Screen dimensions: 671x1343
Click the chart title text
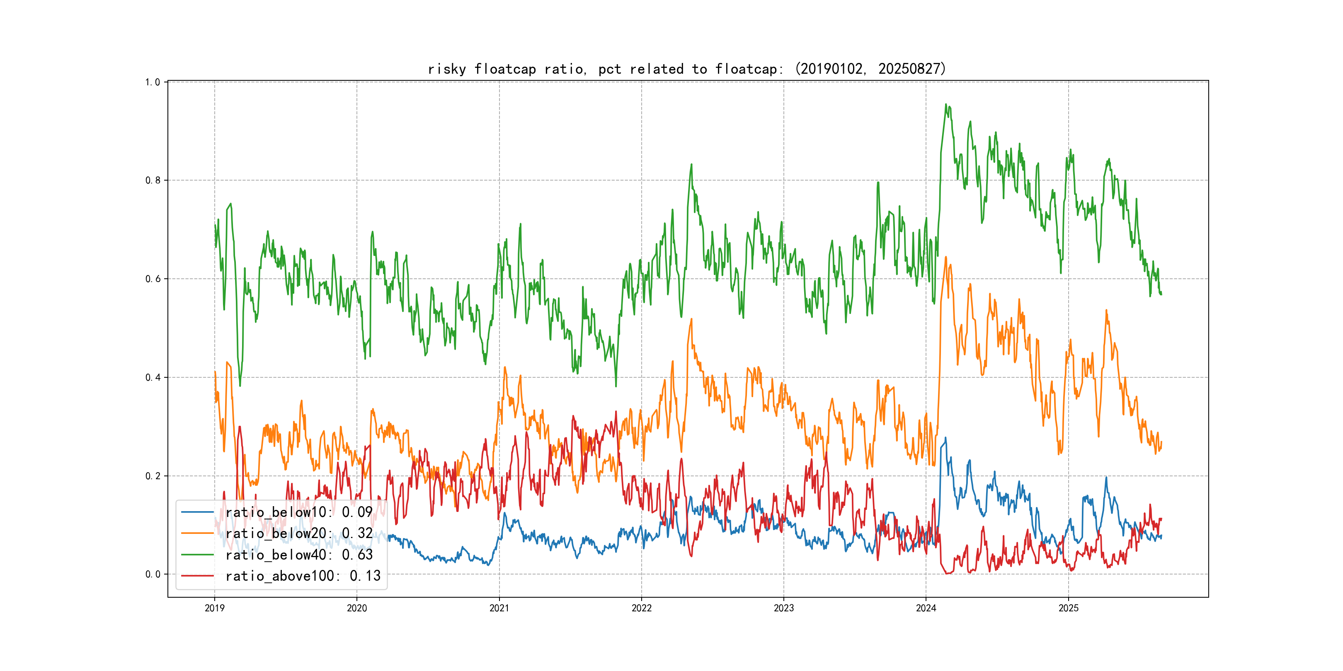click(686, 69)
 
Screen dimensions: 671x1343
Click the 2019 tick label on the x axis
click(214, 608)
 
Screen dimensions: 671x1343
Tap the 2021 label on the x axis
click(499, 608)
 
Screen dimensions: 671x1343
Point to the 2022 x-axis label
click(641, 608)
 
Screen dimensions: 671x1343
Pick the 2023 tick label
click(783, 608)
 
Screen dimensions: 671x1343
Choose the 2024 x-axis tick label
click(926, 608)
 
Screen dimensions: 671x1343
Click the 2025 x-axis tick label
click(1068, 608)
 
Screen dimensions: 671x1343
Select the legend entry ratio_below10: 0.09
click(299, 512)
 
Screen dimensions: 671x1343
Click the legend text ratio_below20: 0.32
click(299, 533)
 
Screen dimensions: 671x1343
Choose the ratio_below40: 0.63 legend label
click(299, 555)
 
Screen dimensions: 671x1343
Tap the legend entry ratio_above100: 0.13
click(303, 576)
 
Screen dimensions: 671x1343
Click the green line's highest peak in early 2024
click(946, 104)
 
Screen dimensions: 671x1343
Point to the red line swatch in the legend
click(197, 576)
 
